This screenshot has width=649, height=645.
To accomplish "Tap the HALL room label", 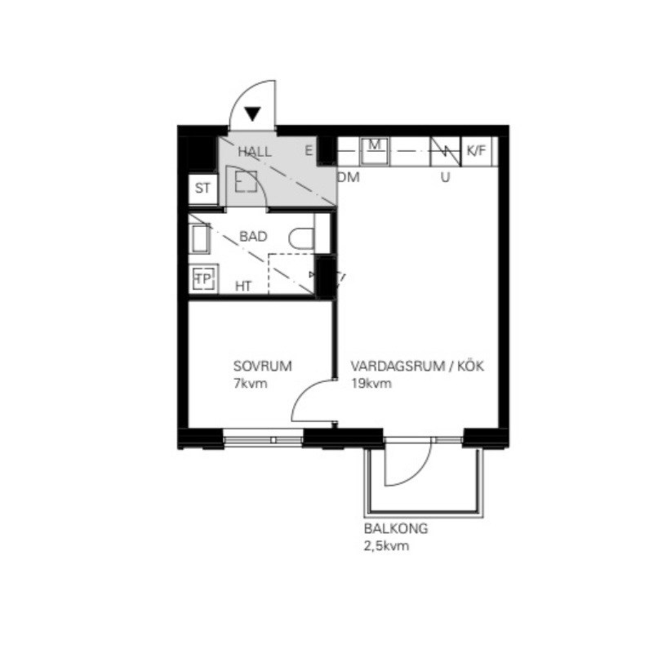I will pos(255,152).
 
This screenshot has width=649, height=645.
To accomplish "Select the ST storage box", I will pos(202,189).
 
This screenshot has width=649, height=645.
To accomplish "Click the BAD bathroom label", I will pos(253,237).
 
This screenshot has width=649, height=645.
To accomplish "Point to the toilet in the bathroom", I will pos(300,238).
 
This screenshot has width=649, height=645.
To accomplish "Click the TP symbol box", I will pos(202,279).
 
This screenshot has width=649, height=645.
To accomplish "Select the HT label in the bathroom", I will pos(243,286).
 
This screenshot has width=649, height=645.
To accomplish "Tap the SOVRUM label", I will pos(262,366).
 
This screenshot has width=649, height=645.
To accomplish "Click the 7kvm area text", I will pos(250,383).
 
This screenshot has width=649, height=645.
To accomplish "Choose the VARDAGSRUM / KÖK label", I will pos(418,367).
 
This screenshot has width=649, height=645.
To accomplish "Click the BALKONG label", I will pos(396,528).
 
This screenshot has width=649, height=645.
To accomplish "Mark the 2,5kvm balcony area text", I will pos(386,545).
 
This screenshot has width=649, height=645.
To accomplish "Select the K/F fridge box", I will pos(476,150).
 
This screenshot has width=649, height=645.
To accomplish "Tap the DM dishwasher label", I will pos(349,176).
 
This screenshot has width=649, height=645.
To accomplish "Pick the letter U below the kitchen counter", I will pos(445,176).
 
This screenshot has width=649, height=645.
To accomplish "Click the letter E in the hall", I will pos(309,150).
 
